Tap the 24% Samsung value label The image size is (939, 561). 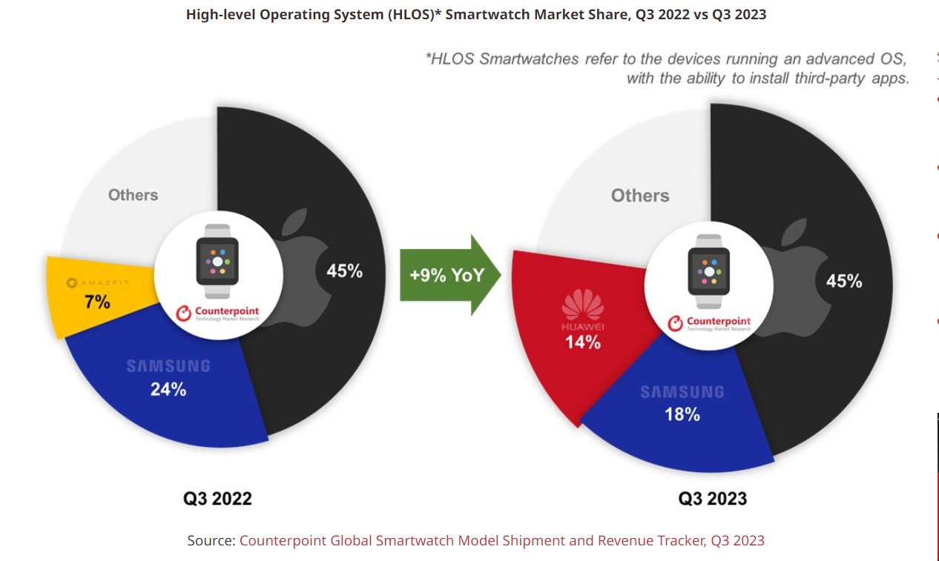(x=168, y=389)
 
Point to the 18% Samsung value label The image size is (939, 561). (x=682, y=414)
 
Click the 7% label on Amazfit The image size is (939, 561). (x=96, y=302)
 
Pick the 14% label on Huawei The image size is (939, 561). (x=582, y=342)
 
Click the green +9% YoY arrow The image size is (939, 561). (x=449, y=275)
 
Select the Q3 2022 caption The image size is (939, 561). (x=217, y=498)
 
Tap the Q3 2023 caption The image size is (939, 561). (x=712, y=498)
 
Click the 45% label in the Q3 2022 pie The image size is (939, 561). (x=345, y=271)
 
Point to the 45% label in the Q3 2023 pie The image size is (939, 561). (x=844, y=281)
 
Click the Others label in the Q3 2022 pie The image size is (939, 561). (x=133, y=195)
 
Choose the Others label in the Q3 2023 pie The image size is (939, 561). (x=640, y=196)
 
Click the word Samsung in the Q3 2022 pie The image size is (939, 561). (x=168, y=366)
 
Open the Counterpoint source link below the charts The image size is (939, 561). (x=501, y=540)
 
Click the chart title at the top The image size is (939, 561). (x=475, y=14)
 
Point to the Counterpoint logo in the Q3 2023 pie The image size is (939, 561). (x=710, y=323)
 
